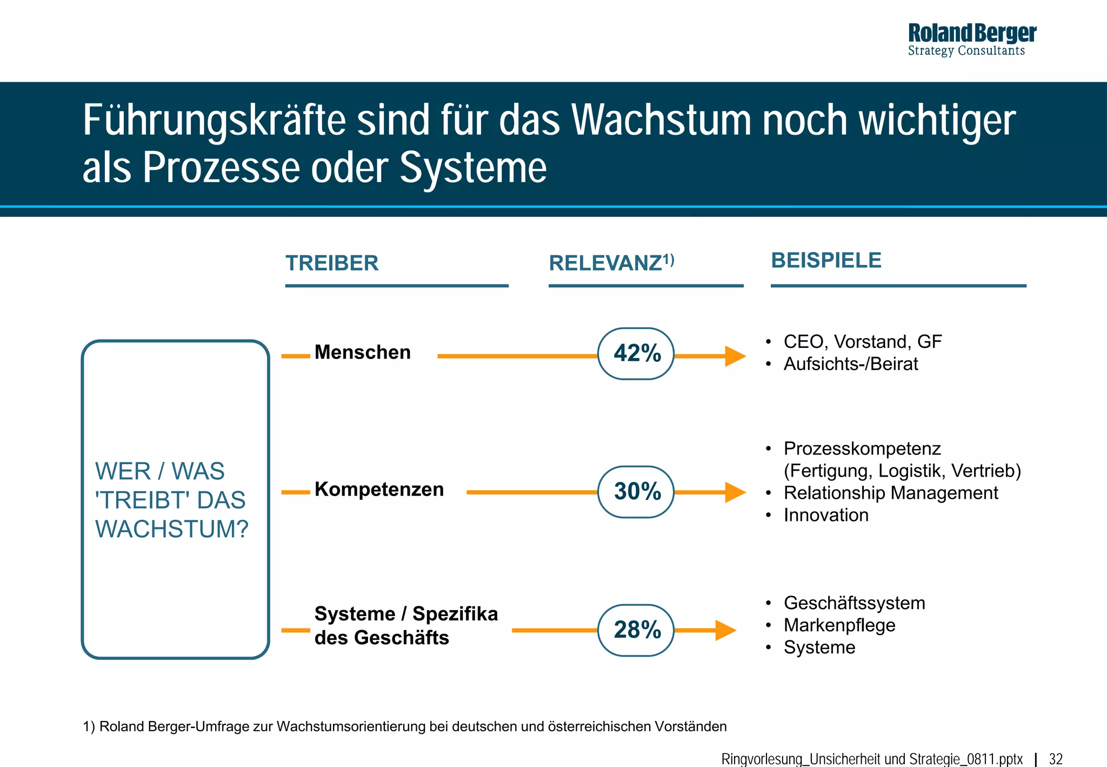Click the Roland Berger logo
[x=971, y=39]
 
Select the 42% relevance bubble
[x=636, y=354]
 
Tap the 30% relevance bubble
[x=636, y=492]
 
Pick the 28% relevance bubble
[x=636, y=630]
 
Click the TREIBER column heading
[x=332, y=263]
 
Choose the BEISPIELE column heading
[x=826, y=260]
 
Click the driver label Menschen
[x=362, y=352]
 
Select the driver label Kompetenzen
[x=379, y=489]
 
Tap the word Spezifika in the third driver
[x=455, y=614]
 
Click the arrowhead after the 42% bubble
[x=735, y=356]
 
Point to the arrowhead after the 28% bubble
[x=725, y=630]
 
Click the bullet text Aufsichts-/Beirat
[x=850, y=364]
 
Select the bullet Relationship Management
[x=891, y=493]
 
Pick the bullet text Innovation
[x=826, y=515]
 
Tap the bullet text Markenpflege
[x=839, y=625]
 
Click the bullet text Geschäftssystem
[x=854, y=603]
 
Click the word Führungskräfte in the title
[x=214, y=120]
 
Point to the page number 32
[x=1056, y=759]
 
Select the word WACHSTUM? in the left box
[x=172, y=529]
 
